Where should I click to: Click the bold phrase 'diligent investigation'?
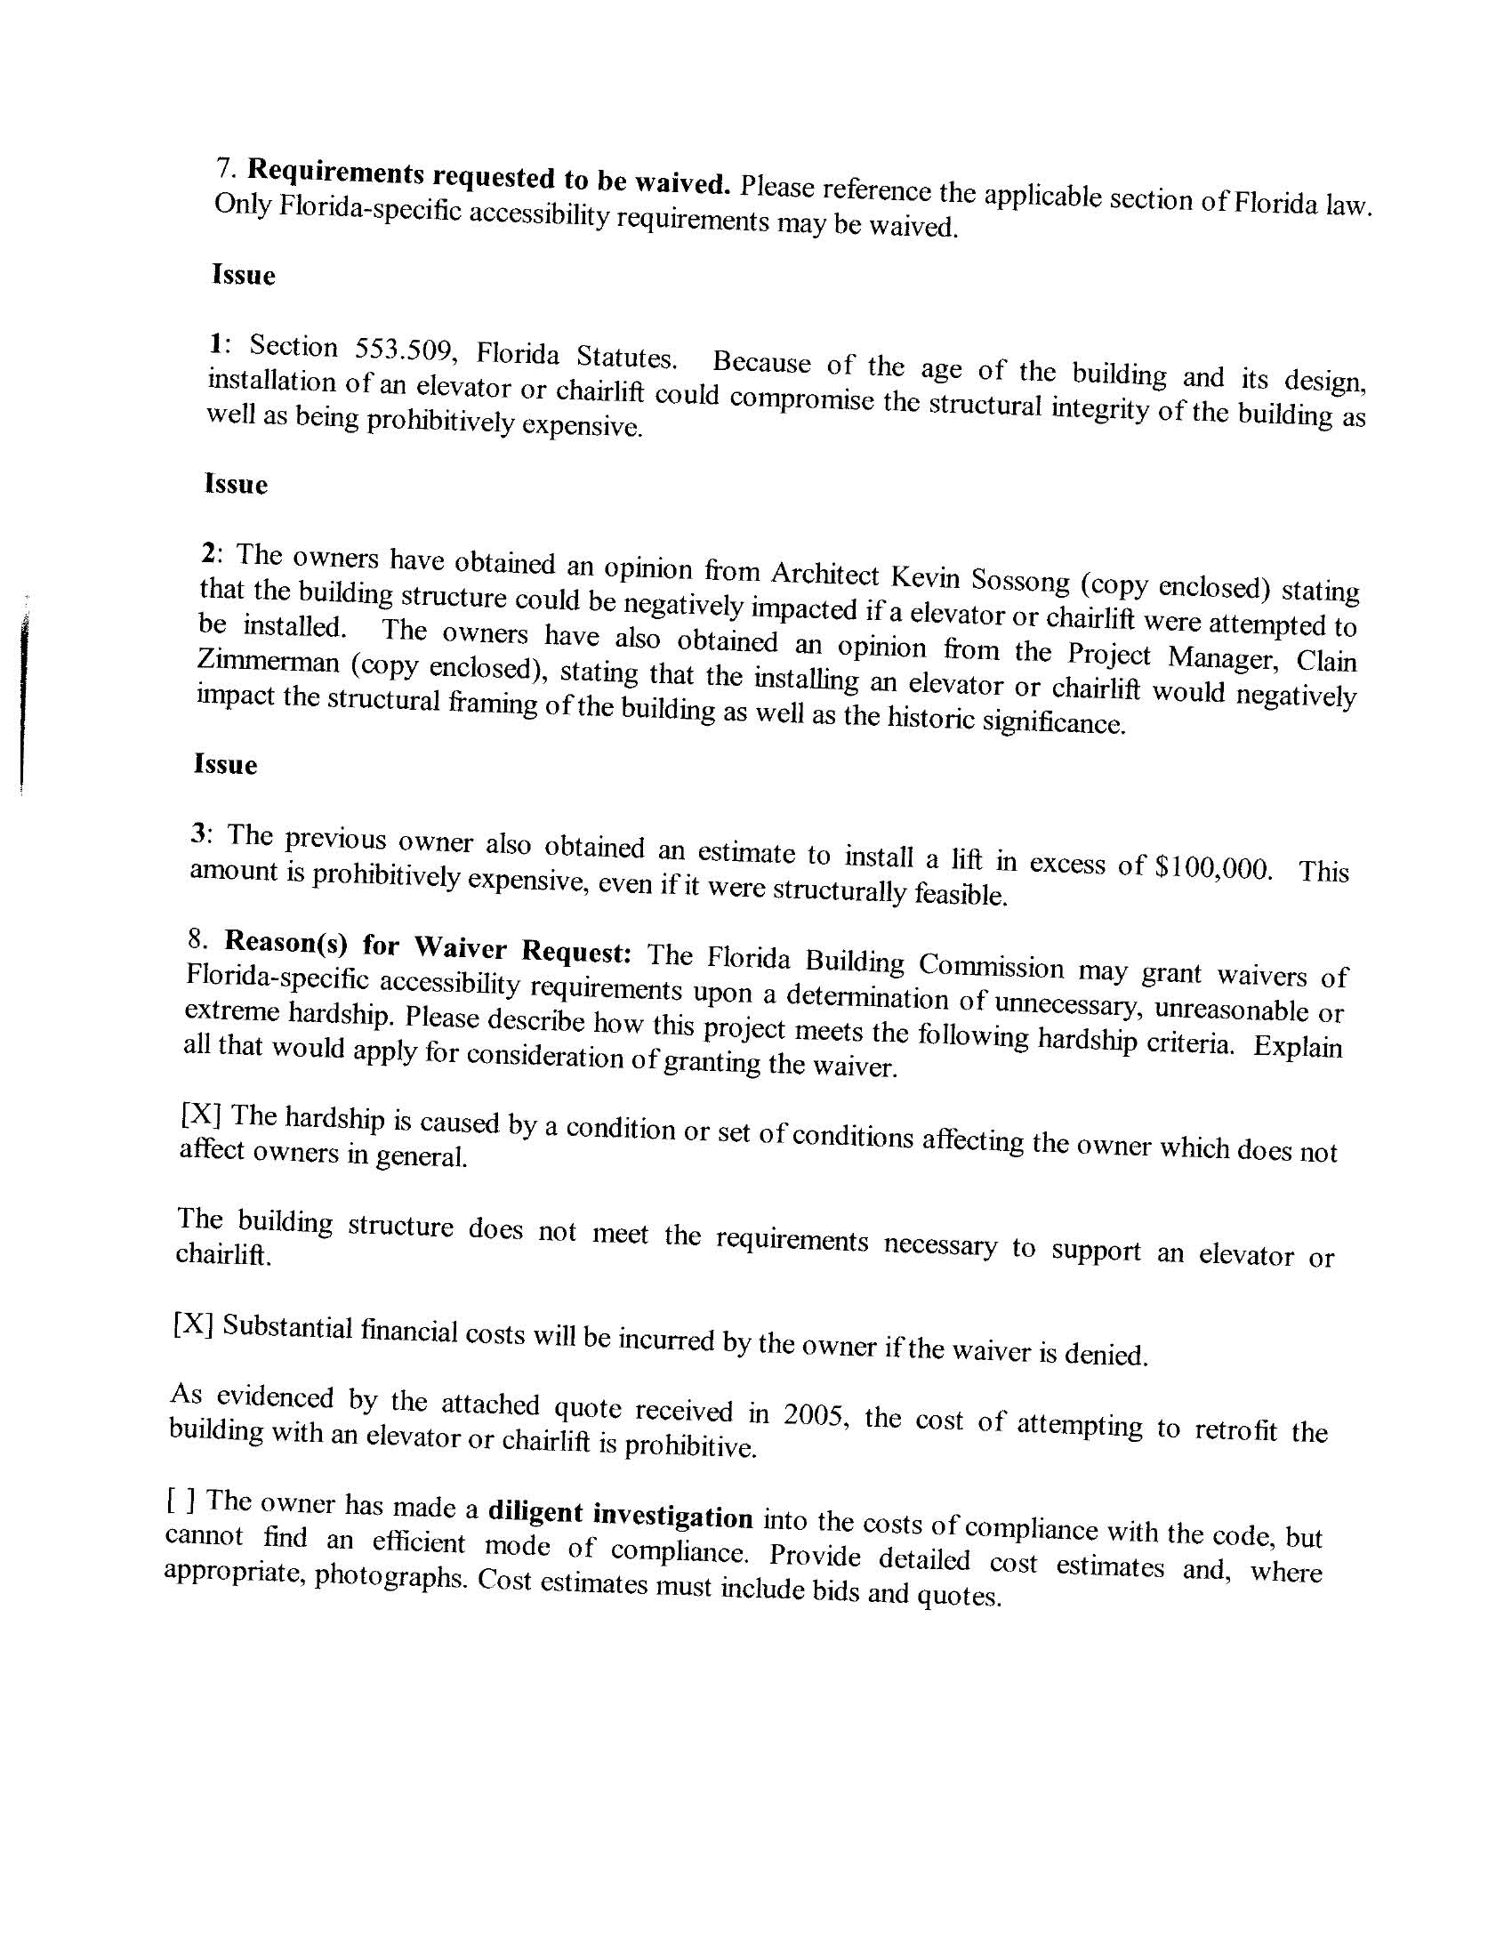coord(620,1513)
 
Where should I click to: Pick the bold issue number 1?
coord(215,342)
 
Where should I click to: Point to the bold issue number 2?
coord(209,552)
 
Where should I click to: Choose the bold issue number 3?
coord(200,833)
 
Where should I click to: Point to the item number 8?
coord(197,937)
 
